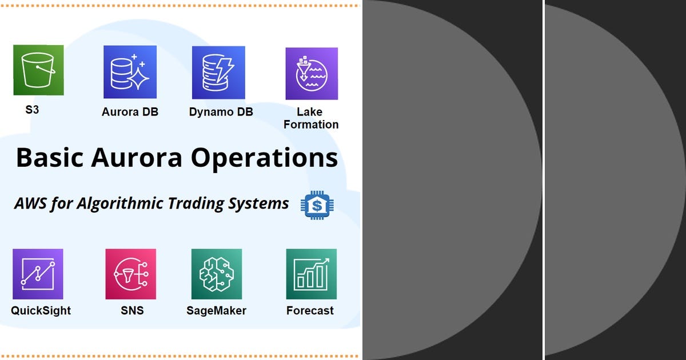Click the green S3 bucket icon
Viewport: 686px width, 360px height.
coord(38,70)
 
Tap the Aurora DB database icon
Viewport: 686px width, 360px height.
coord(130,72)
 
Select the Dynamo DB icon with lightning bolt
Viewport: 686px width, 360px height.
coord(218,73)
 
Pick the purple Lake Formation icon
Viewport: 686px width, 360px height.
coord(312,74)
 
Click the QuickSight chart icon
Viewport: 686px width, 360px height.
coord(38,274)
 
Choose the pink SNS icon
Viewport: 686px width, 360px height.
coord(130,274)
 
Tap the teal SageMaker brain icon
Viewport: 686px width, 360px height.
coord(216,274)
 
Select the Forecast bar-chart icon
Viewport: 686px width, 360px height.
coord(311,274)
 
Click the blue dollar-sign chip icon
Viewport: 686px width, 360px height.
coord(317,205)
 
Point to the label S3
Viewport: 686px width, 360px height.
coord(32,110)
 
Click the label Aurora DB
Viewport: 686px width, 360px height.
coord(130,112)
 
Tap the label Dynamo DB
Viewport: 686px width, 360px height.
coord(221,112)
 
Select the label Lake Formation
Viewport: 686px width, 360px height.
coord(310,118)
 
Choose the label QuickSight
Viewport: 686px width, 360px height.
coord(41,311)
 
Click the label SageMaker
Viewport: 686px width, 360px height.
coord(216,311)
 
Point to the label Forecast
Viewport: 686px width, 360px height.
coord(310,311)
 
